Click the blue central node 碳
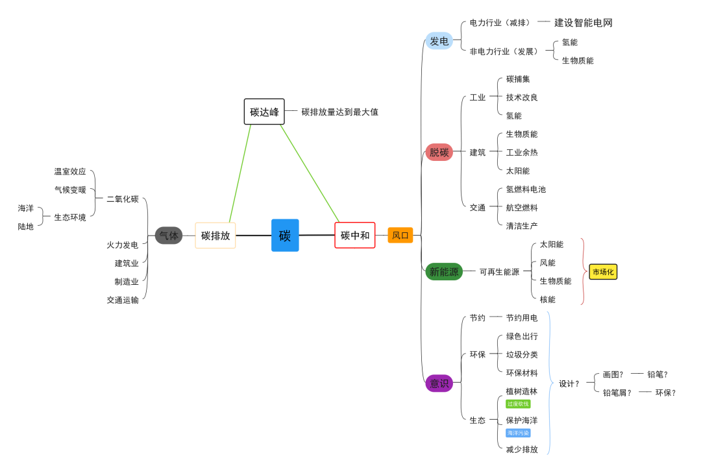[285, 236]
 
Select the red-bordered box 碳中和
[355, 236]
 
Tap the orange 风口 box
[400, 236]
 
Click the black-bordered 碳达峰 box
[264, 112]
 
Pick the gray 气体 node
[169, 236]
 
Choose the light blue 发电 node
[439, 41]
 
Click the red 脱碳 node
[439, 152]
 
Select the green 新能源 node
[444, 272]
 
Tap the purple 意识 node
[439, 383]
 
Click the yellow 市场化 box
[603, 273]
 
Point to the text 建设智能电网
[583, 23]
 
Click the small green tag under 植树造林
[518, 404]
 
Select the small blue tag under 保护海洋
[518, 433]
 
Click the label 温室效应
[70, 172]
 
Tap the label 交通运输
[123, 300]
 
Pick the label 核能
[548, 300]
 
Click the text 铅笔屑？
[617, 393]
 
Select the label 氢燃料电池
[526, 189]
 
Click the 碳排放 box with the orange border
[215, 236]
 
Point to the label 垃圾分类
[522, 355]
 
